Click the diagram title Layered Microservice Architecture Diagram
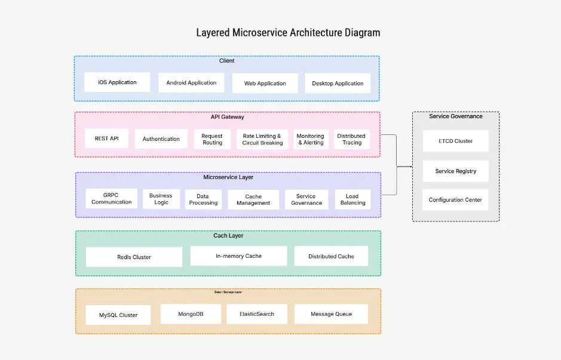point(288,32)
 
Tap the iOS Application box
point(117,82)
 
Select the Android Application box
point(191,83)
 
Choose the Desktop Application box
point(338,84)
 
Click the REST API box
point(106,139)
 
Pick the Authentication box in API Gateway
point(161,139)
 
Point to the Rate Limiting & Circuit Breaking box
point(262,140)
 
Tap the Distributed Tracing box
point(351,140)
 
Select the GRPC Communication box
point(111,199)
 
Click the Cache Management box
point(253,200)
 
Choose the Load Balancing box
point(352,199)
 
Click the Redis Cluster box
point(134,257)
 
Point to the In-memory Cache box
point(238,256)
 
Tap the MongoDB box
point(191,314)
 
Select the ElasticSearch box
point(257,314)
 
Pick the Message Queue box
point(331,314)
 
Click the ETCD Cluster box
point(455,141)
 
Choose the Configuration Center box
point(455,200)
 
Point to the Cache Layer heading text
point(228,236)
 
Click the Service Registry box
point(455,171)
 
